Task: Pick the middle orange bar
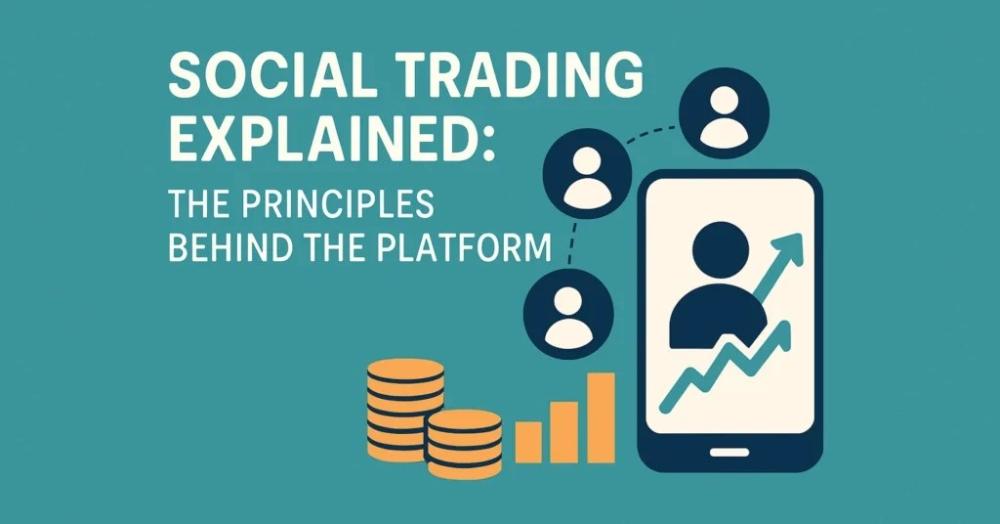click(563, 430)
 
